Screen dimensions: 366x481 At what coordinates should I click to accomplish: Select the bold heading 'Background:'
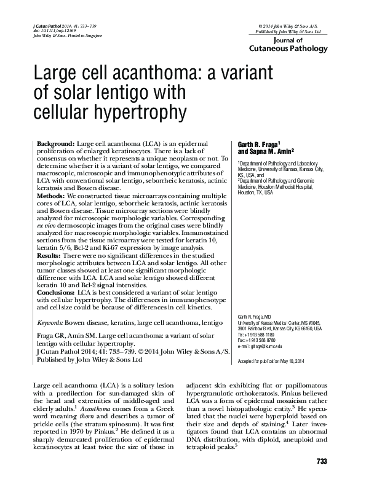point(52,143)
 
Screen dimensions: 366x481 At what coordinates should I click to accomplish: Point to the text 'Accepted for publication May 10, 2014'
point(274,359)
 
